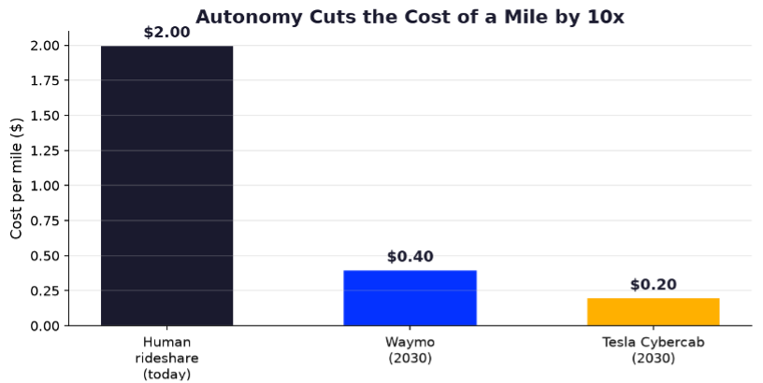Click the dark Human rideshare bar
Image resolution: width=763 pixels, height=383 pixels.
pyautogui.click(x=166, y=186)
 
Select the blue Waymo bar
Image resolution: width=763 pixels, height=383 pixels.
pyautogui.click(x=410, y=298)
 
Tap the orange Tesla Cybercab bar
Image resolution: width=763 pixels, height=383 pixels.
pyautogui.click(x=653, y=312)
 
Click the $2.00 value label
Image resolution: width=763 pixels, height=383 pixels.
pyautogui.click(x=166, y=33)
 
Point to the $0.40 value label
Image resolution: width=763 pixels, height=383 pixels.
pyautogui.click(x=410, y=257)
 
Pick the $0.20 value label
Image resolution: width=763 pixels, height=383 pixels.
pyautogui.click(x=653, y=285)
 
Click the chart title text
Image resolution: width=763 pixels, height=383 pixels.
pyautogui.click(x=410, y=17)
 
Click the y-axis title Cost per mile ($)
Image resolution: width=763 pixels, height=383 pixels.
pyautogui.click(x=17, y=178)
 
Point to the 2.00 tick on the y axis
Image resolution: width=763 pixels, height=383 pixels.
pyautogui.click(x=45, y=46)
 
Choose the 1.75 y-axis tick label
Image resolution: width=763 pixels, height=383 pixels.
pyautogui.click(x=45, y=80)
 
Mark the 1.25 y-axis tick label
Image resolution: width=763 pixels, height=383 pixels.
pyautogui.click(x=45, y=150)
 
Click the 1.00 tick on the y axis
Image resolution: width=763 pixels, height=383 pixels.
pyautogui.click(x=45, y=186)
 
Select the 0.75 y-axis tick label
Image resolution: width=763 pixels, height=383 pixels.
pyautogui.click(x=45, y=220)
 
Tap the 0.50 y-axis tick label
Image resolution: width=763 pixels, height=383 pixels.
pyautogui.click(x=45, y=256)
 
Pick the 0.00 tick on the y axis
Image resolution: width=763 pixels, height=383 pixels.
pyautogui.click(x=45, y=326)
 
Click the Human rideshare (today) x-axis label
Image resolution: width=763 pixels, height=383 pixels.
pyautogui.click(x=166, y=358)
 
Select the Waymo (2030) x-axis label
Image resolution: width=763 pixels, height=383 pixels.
pyautogui.click(x=410, y=350)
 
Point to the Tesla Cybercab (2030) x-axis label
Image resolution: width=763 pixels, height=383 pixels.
pyautogui.click(x=653, y=350)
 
